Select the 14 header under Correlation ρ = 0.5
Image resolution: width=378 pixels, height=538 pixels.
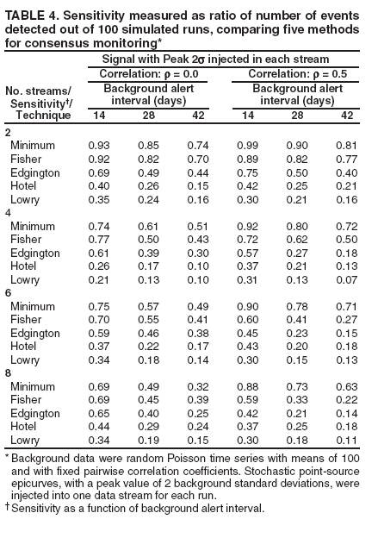click(x=248, y=116)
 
